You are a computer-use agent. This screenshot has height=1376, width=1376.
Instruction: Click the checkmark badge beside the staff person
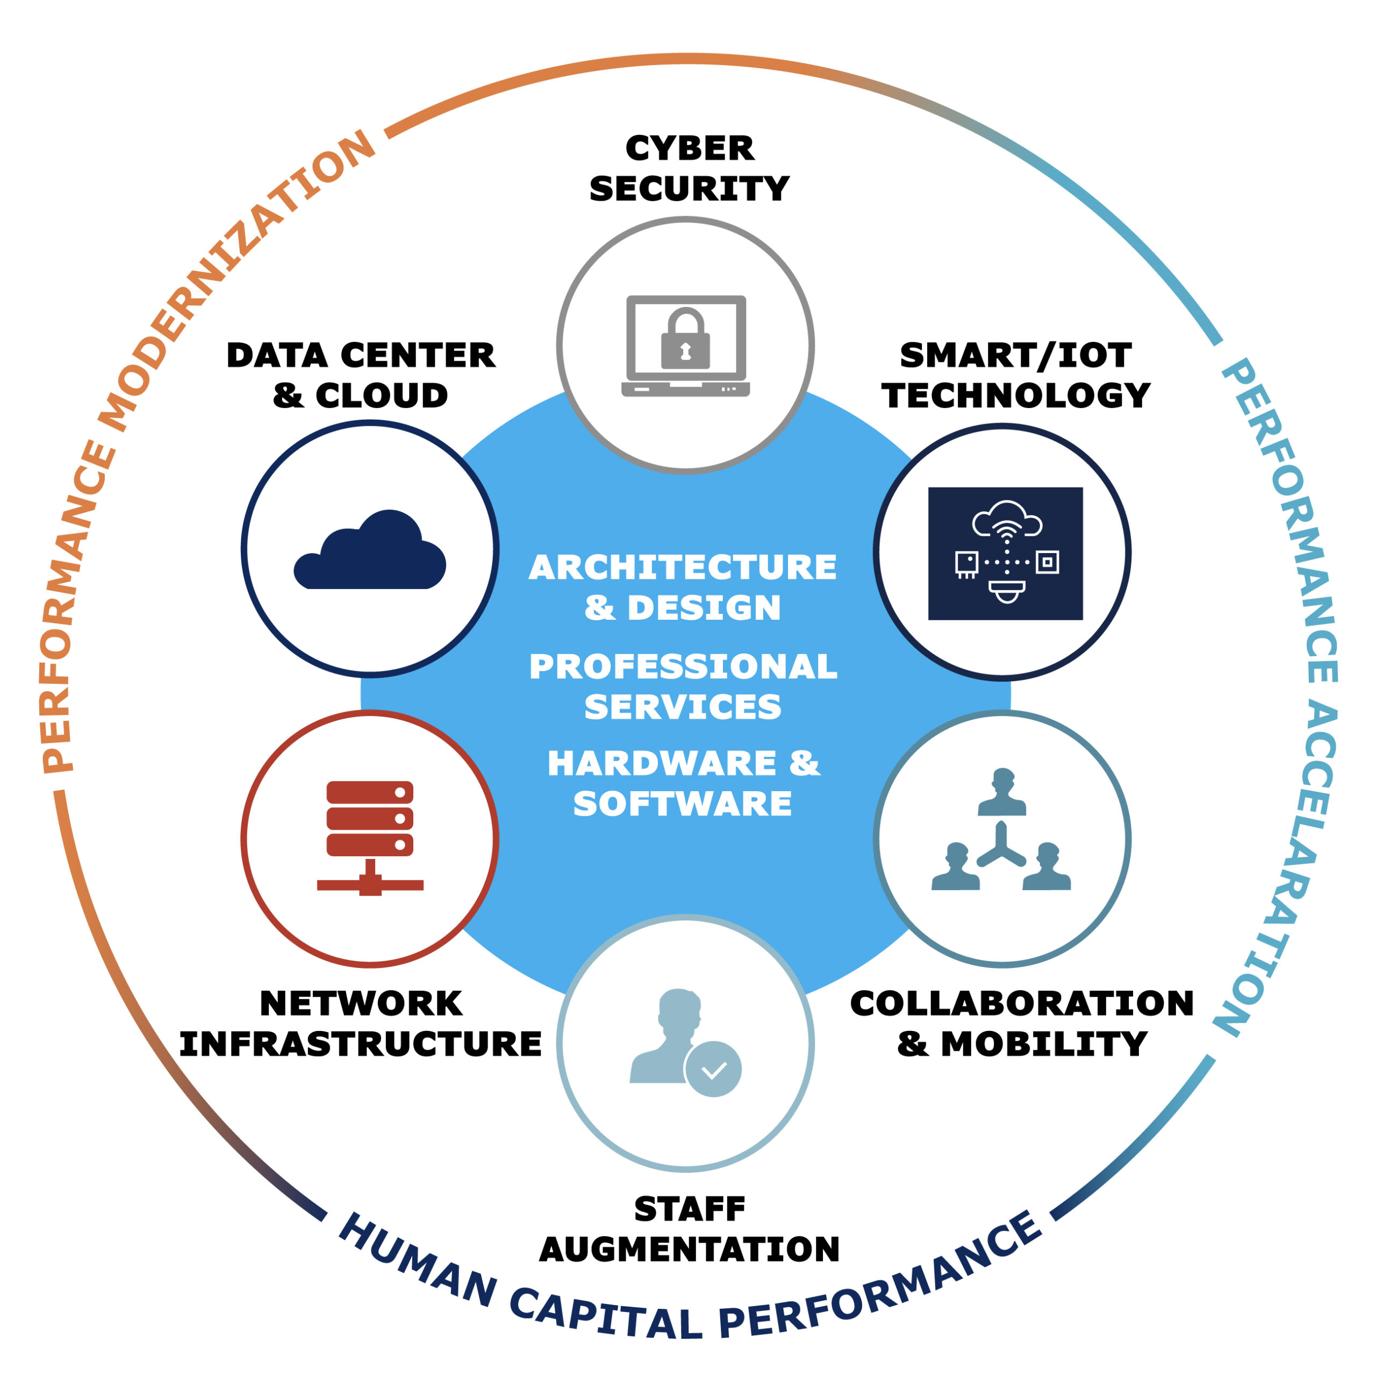point(713,1069)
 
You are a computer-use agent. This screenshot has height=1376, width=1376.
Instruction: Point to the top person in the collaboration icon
point(1002,791)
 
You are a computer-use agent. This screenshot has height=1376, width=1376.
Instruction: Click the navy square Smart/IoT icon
point(1005,554)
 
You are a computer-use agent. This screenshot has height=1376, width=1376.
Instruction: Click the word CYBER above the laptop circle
point(689,149)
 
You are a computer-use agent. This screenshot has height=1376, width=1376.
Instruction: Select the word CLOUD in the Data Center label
point(382,396)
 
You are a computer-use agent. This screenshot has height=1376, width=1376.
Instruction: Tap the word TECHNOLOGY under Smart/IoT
point(1016,396)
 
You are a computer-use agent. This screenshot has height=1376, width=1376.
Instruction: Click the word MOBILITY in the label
point(1043,1044)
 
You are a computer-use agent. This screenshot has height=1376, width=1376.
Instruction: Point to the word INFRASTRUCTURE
point(360,1044)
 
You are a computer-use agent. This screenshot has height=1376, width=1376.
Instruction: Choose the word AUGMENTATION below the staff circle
point(689,1249)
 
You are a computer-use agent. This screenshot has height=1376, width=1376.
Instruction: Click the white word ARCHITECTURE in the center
point(682,568)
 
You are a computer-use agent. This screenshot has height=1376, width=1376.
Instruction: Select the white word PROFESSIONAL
point(682,666)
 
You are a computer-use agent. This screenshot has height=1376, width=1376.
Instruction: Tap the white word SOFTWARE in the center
point(682,804)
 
